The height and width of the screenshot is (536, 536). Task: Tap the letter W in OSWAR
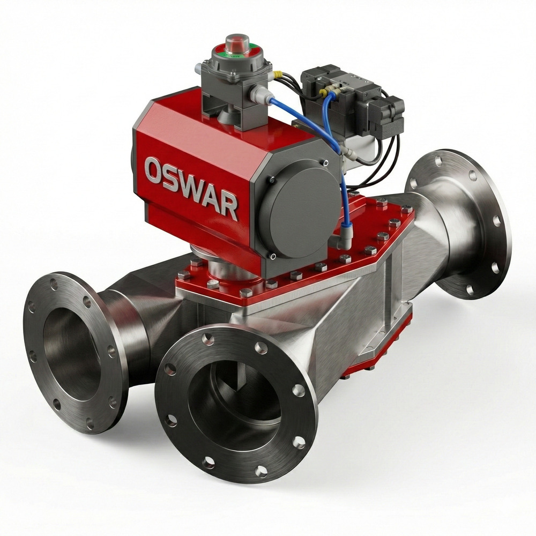pos(196,188)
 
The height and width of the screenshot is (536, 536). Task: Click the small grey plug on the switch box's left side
pos(198,68)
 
